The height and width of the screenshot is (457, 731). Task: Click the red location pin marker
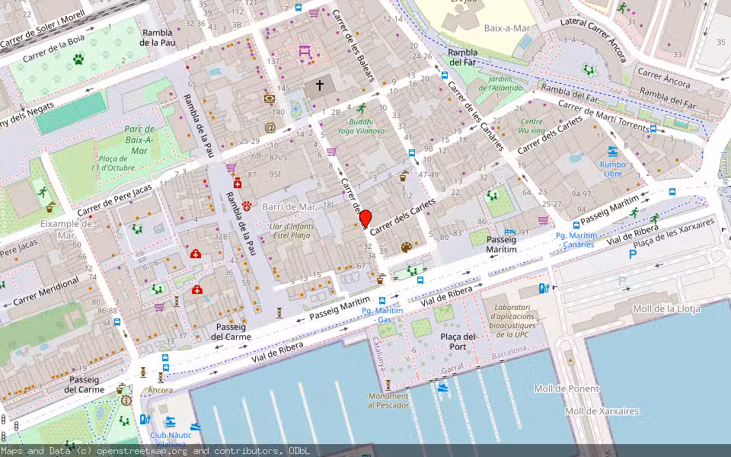tap(365, 219)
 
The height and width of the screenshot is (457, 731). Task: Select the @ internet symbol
tap(270, 128)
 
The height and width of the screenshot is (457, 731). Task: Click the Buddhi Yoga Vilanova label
tap(361, 126)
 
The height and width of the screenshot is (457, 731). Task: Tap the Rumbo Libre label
tap(612, 169)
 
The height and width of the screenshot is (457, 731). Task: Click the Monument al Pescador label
tap(388, 400)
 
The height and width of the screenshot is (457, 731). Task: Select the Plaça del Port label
tap(458, 342)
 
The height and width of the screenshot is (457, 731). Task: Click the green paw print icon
tap(78, 59)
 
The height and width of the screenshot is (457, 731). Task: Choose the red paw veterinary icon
tap(248, 205)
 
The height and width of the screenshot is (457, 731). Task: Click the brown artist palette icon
tap(406, 248)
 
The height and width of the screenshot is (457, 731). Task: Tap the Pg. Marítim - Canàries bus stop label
tap(574, 240)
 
